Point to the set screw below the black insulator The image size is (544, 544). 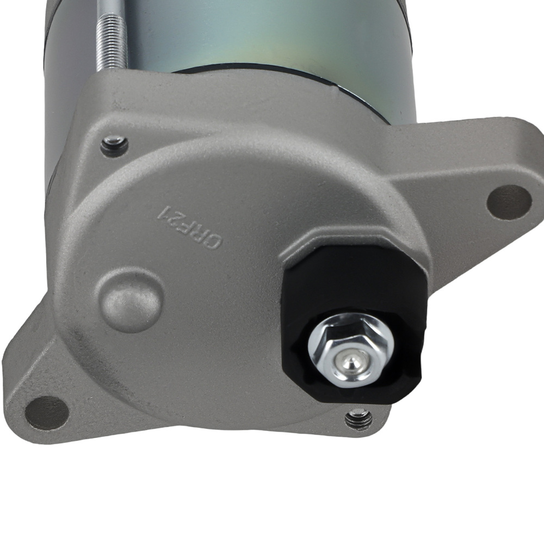coord(359,419)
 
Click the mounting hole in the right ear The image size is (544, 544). coord(509,202)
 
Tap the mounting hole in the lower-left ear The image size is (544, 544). coord(47,412)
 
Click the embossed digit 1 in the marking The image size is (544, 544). coord(162,212)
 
